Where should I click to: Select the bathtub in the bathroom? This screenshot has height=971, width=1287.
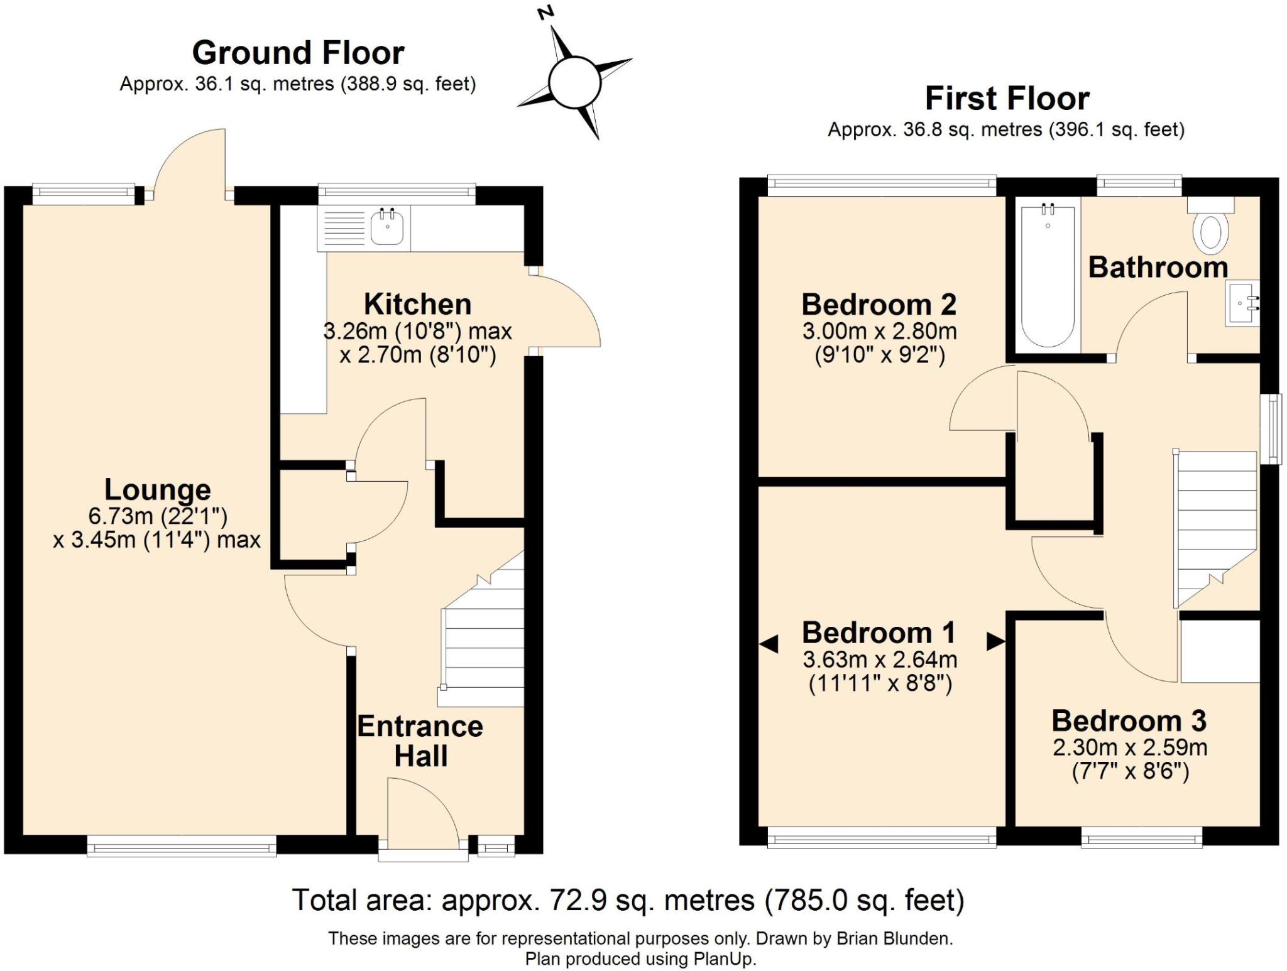coord(1048,276)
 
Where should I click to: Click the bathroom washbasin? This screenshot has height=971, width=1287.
coord(1241,303)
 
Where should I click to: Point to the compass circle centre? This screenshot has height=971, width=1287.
coord(574,82)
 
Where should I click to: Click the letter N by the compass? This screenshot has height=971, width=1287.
coord(545,13)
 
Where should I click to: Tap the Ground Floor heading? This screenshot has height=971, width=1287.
coord(298,53)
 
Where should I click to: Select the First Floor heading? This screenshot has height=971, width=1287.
coord(1007,99)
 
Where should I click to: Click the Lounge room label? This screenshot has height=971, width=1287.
coord(157,489)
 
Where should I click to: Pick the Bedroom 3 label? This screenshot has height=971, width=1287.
coord(1129,720)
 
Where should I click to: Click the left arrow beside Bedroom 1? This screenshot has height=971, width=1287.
coord(769,643)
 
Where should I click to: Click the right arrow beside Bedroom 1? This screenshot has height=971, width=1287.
coord(995,641)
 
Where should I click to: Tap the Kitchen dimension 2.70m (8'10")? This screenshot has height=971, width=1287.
coord(418,355)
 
